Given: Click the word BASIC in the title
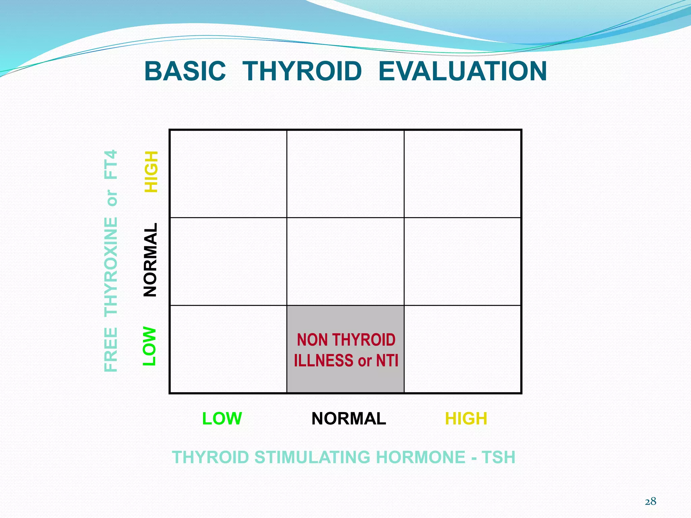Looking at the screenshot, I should click(x=185, y=71).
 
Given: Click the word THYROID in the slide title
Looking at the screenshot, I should click(x=302, y=71).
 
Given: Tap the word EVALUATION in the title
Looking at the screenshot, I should click(x=462, y=71).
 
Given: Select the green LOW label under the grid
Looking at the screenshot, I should click(x=222, y=419).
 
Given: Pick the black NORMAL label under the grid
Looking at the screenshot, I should click(x=349, y=419).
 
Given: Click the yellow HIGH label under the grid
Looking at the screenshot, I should click(x=466, y=419).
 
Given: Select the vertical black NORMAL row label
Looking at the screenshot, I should click(x=150, y=260).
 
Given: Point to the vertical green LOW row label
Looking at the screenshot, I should click(x=149, y=346).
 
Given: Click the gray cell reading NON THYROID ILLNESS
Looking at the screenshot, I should click(x=345, y=349).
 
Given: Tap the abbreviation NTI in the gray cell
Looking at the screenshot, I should click(x=387, y=361).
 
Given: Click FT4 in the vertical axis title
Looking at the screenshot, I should click(x=111, y=164).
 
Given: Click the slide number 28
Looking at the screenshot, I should click(x=651, y=501).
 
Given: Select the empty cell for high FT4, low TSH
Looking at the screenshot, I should click(x=228, y=174).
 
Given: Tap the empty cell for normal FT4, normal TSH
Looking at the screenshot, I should click(x=345, y=261).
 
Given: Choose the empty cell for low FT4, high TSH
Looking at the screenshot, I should click(x=463, y=349).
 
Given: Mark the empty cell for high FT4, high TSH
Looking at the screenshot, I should click(x=463, y=174).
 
